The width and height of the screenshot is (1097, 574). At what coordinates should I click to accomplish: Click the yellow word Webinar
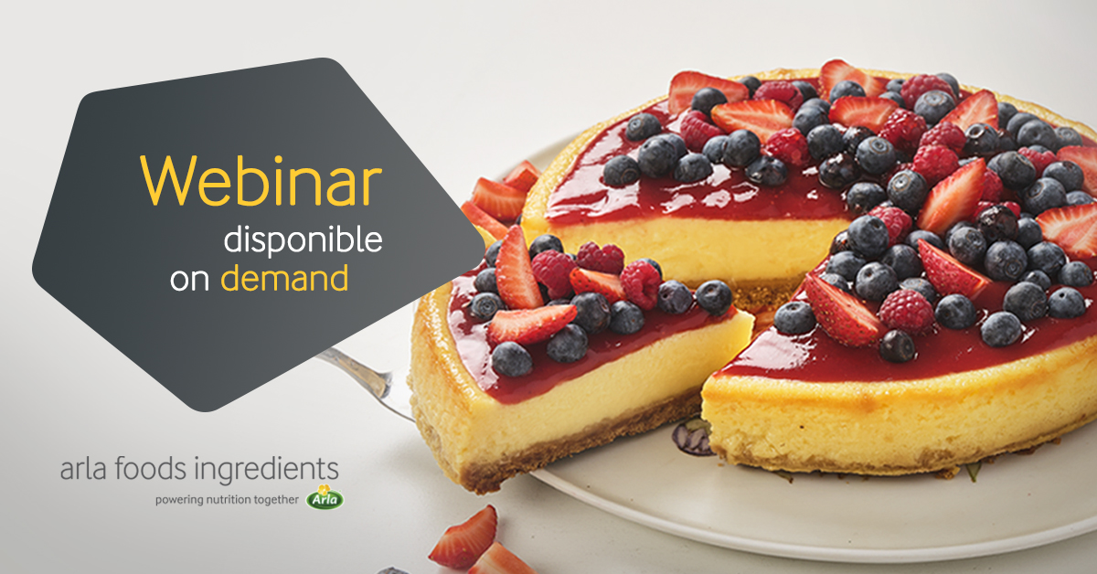click(x=261, y=181)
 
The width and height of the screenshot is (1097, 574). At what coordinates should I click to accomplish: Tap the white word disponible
click(x=304, y=239)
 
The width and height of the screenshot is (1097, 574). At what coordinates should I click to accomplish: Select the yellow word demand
click(x=284, y=278)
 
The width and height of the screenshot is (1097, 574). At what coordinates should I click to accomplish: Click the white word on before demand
click(x=190, y=280)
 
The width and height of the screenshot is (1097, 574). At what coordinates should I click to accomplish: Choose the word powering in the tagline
click(x=179, y=501)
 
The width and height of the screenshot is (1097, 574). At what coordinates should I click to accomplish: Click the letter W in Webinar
click(x=168, y=181)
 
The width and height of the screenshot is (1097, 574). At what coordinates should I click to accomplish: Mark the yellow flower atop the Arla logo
click(x=324, y=490)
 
